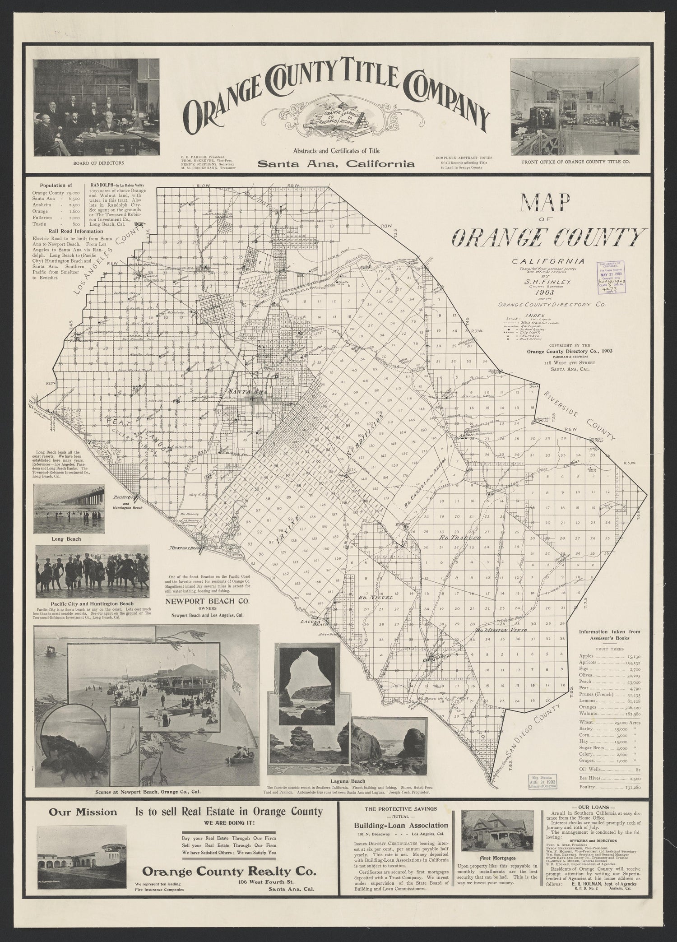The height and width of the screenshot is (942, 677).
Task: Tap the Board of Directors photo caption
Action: coord(98,163)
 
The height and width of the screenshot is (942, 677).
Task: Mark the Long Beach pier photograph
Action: coord(70,509)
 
